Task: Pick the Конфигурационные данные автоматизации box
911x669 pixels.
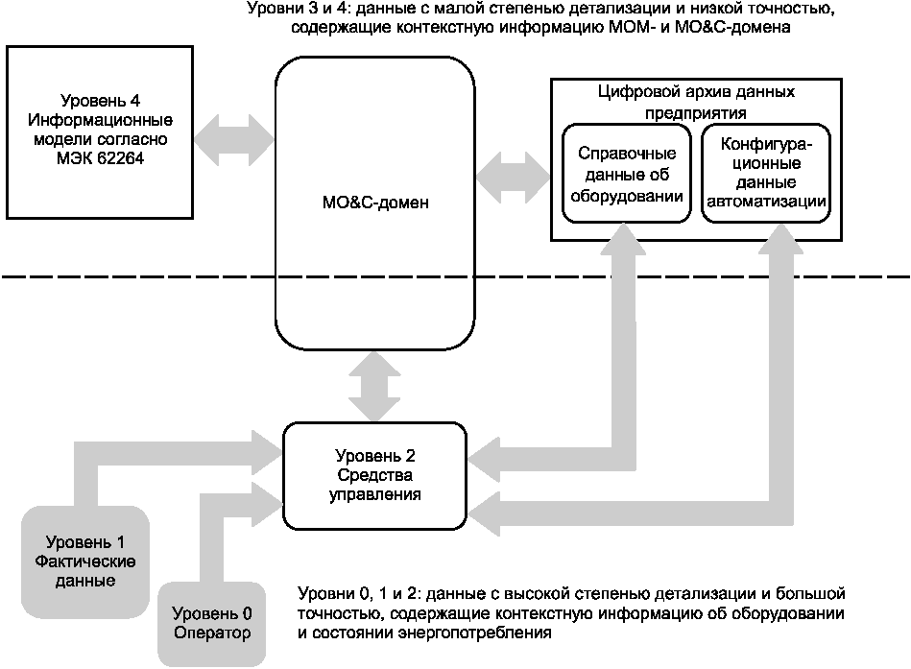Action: point(766,174)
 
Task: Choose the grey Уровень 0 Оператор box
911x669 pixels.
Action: point(211,623)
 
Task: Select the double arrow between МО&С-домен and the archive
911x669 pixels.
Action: point(514,175)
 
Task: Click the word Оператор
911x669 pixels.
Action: point(212,633)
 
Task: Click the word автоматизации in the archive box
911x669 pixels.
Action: point(766,202)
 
